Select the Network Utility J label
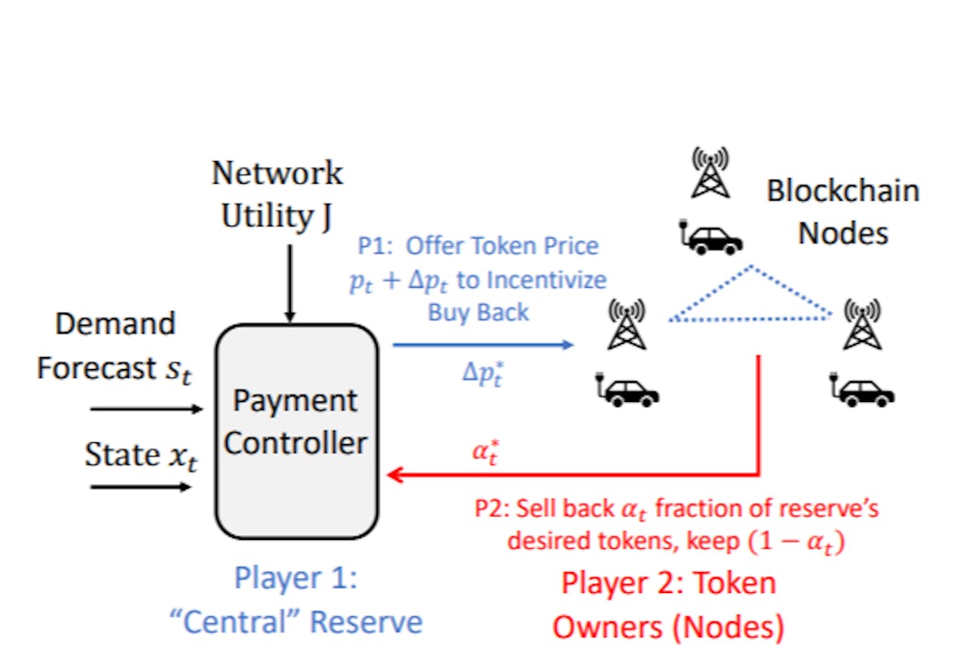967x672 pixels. (276, 196)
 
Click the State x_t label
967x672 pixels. (142, 456)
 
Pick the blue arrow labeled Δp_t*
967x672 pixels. (483, 345)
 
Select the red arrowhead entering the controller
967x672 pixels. (396, 475)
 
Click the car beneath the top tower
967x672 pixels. (711, 237)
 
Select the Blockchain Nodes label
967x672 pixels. (842, 212)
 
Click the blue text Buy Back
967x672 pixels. (479, 313)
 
